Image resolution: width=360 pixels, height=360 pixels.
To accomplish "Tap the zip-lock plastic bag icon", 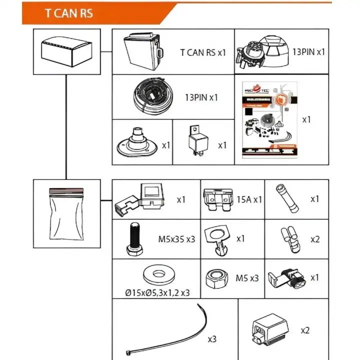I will coord(66,210).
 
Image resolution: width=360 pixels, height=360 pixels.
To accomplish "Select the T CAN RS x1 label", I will coord(203,52).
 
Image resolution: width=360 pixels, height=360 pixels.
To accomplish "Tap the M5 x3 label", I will coord(247,278).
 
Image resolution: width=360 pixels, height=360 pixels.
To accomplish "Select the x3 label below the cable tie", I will coord(212,339).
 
